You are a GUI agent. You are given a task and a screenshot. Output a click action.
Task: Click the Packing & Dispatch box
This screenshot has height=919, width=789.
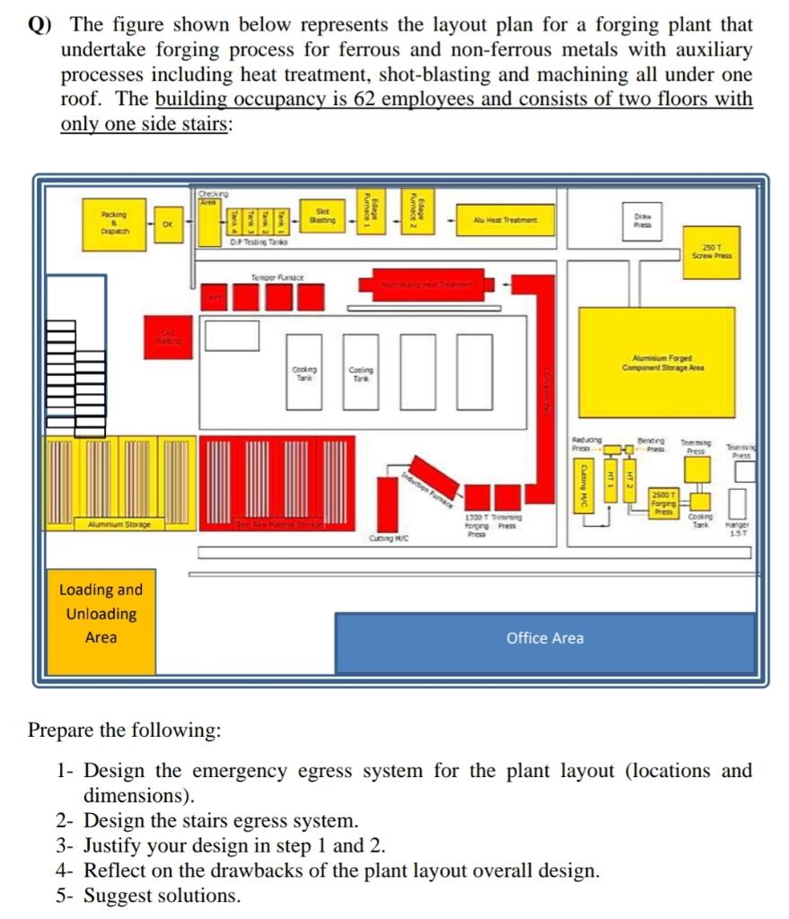point(114,222)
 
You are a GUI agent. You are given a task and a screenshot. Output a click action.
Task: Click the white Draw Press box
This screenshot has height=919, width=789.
point(643,220)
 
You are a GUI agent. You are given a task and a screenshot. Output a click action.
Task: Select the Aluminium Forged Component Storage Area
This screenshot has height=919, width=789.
point(656,363)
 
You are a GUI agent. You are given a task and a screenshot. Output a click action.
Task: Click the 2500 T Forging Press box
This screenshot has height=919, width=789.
point(664,503)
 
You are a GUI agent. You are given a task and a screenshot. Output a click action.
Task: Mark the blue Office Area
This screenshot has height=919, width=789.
point(545,639)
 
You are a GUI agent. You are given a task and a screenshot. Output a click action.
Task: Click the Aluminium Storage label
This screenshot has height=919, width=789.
point(119,524)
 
